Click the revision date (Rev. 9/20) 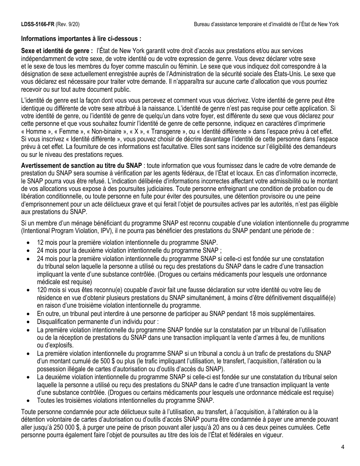[67, 24]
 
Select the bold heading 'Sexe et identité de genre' [57, 51]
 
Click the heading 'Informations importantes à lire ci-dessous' [81, 39]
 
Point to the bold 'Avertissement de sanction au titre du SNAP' [81, 166]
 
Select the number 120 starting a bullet [41, 290]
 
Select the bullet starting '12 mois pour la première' [127, 242]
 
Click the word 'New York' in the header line [327, 24]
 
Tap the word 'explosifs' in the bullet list [56, 345]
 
